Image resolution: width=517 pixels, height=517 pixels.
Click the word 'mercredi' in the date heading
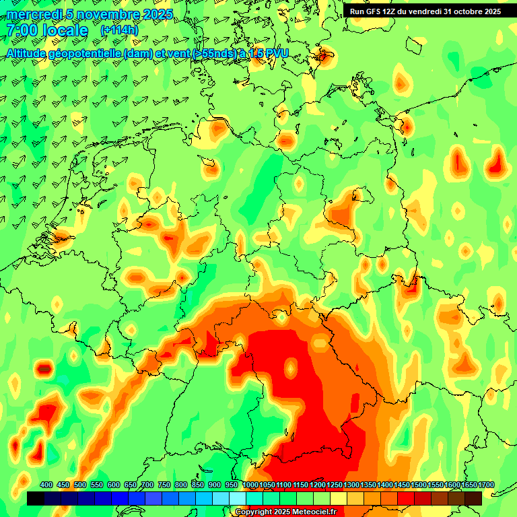click(x=32, y=14)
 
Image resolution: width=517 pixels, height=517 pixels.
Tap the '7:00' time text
click(x=21, y=31)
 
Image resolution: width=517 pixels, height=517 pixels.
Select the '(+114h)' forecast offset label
click(x=119, y=30)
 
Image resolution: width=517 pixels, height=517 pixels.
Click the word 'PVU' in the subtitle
click(x=275, y=53)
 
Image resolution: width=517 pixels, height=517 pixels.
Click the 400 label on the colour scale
click(x=46, y=485)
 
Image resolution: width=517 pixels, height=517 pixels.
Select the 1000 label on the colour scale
click(x=250, y=485)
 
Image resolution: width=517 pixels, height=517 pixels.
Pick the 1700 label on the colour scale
click(x=469, y=485)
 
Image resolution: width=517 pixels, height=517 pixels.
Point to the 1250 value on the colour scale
click(x=334, y=485)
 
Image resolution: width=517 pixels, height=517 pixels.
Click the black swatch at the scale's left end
click(x=36, y=498)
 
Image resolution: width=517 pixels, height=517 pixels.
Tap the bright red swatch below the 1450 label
click(x=406, y=498)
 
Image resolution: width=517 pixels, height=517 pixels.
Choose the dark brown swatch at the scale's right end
click(x=473, y=498)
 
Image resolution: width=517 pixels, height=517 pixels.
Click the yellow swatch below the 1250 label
click(x=339, y=498)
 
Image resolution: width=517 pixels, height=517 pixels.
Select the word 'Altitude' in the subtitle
click(x=29, y=53)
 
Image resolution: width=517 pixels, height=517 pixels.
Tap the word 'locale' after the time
click(x=65, y=31)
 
